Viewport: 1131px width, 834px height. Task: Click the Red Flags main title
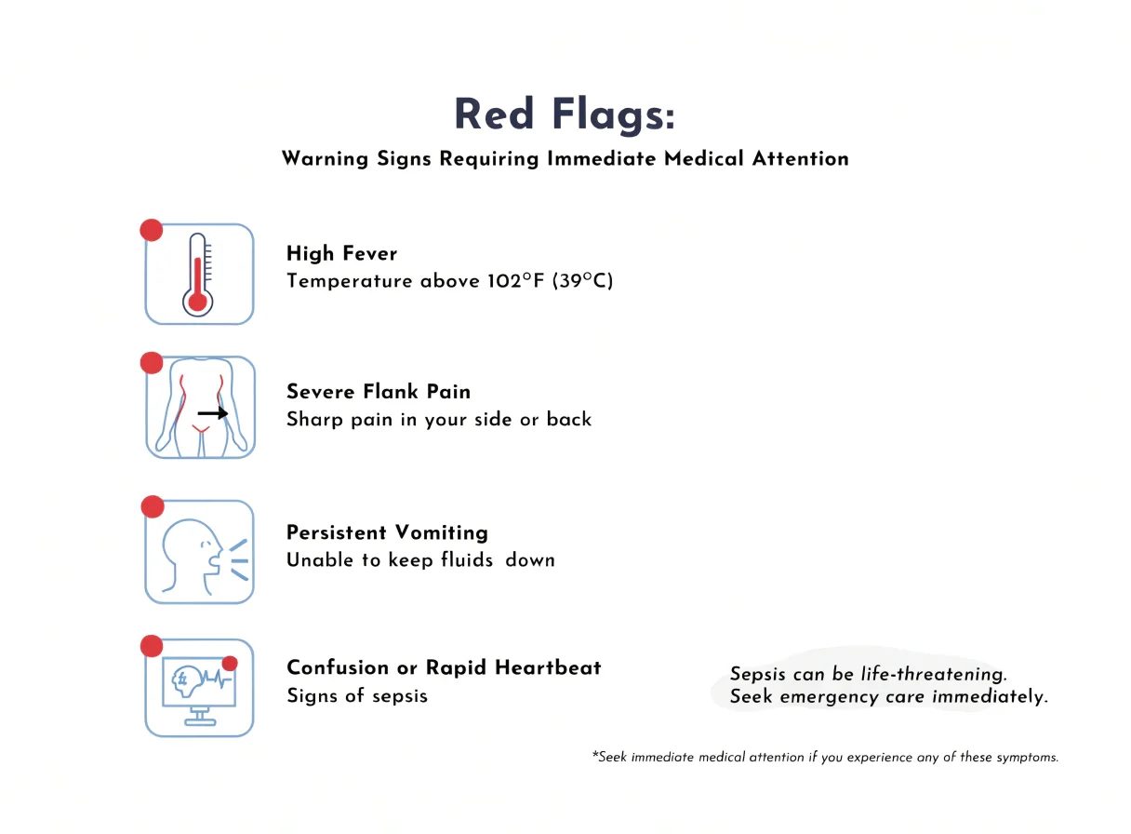[x=565, y=114]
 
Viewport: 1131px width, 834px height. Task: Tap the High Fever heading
[x=342, y=253]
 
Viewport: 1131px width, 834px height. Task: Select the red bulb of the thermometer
[x=197, y=303]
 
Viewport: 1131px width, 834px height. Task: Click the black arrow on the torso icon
[x=213, y=413]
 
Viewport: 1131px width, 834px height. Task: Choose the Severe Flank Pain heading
[x=379, y=392]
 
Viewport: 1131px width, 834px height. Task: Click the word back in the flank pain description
[x=569, y=419]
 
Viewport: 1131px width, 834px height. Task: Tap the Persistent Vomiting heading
[x=387, y=532]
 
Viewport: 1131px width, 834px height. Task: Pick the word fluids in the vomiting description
[x=467, y=559]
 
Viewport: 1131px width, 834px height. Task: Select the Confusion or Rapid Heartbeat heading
[x=445, y=667]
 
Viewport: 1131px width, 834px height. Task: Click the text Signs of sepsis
[x=357, y=695]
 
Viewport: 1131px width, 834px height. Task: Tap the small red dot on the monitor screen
[x=230, y=664]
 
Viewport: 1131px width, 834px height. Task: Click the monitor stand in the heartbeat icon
[x=200, y=717]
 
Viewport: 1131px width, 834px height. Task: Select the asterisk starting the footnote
[x=595, y=755]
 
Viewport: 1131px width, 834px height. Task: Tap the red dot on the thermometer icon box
[x=152, y=230]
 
